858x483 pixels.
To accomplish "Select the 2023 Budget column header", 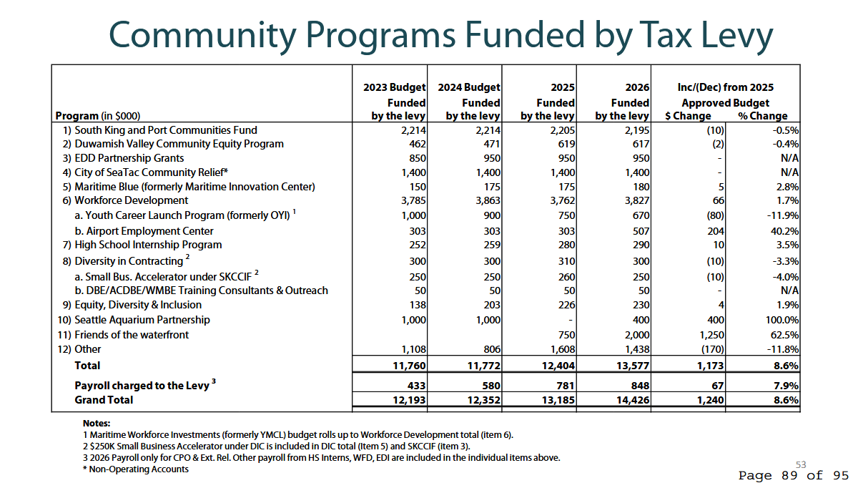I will (x=395, y=87).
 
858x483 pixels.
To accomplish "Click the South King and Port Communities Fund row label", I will (x=165, y=130).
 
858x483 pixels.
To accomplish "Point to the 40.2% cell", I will (x=784, y=231).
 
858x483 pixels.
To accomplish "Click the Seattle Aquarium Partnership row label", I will (x=142, y=320).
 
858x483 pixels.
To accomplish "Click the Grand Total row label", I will (x=104, y=400).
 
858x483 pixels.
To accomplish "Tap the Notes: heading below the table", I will (x=97, y=422).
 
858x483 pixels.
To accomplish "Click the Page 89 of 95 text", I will (x=794, y=475).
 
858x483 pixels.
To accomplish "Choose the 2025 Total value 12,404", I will (x=558, y=366).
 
